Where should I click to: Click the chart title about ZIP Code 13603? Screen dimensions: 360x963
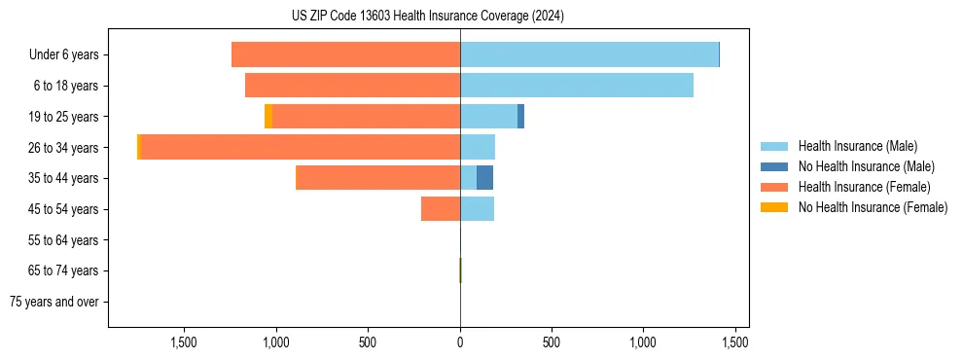(427, 17)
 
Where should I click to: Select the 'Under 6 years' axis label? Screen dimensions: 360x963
(64, 54)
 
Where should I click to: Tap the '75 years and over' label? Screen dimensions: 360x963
(54, 302)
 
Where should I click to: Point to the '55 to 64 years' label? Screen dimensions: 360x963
(64, 240)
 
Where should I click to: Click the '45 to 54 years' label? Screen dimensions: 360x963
(64, 209)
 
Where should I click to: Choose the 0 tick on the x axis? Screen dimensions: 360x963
(460, 342)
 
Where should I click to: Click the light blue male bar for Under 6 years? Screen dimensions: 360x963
(589, 54)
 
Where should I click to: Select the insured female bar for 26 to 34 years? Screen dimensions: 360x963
(301, 147)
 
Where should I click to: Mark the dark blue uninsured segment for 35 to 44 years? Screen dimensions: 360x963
(484, 178)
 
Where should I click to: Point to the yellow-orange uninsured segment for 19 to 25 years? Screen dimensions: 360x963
(268, 117)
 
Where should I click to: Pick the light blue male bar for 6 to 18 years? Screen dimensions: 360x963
(577, 86)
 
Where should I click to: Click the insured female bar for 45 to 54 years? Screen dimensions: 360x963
(441, 209)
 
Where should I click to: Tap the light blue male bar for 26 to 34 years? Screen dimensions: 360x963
(478, 147)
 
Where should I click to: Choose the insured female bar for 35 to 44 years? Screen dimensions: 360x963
(377, 178)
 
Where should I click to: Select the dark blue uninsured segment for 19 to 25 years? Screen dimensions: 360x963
(520, 117)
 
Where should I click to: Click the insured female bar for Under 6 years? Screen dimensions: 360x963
(345, 54)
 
